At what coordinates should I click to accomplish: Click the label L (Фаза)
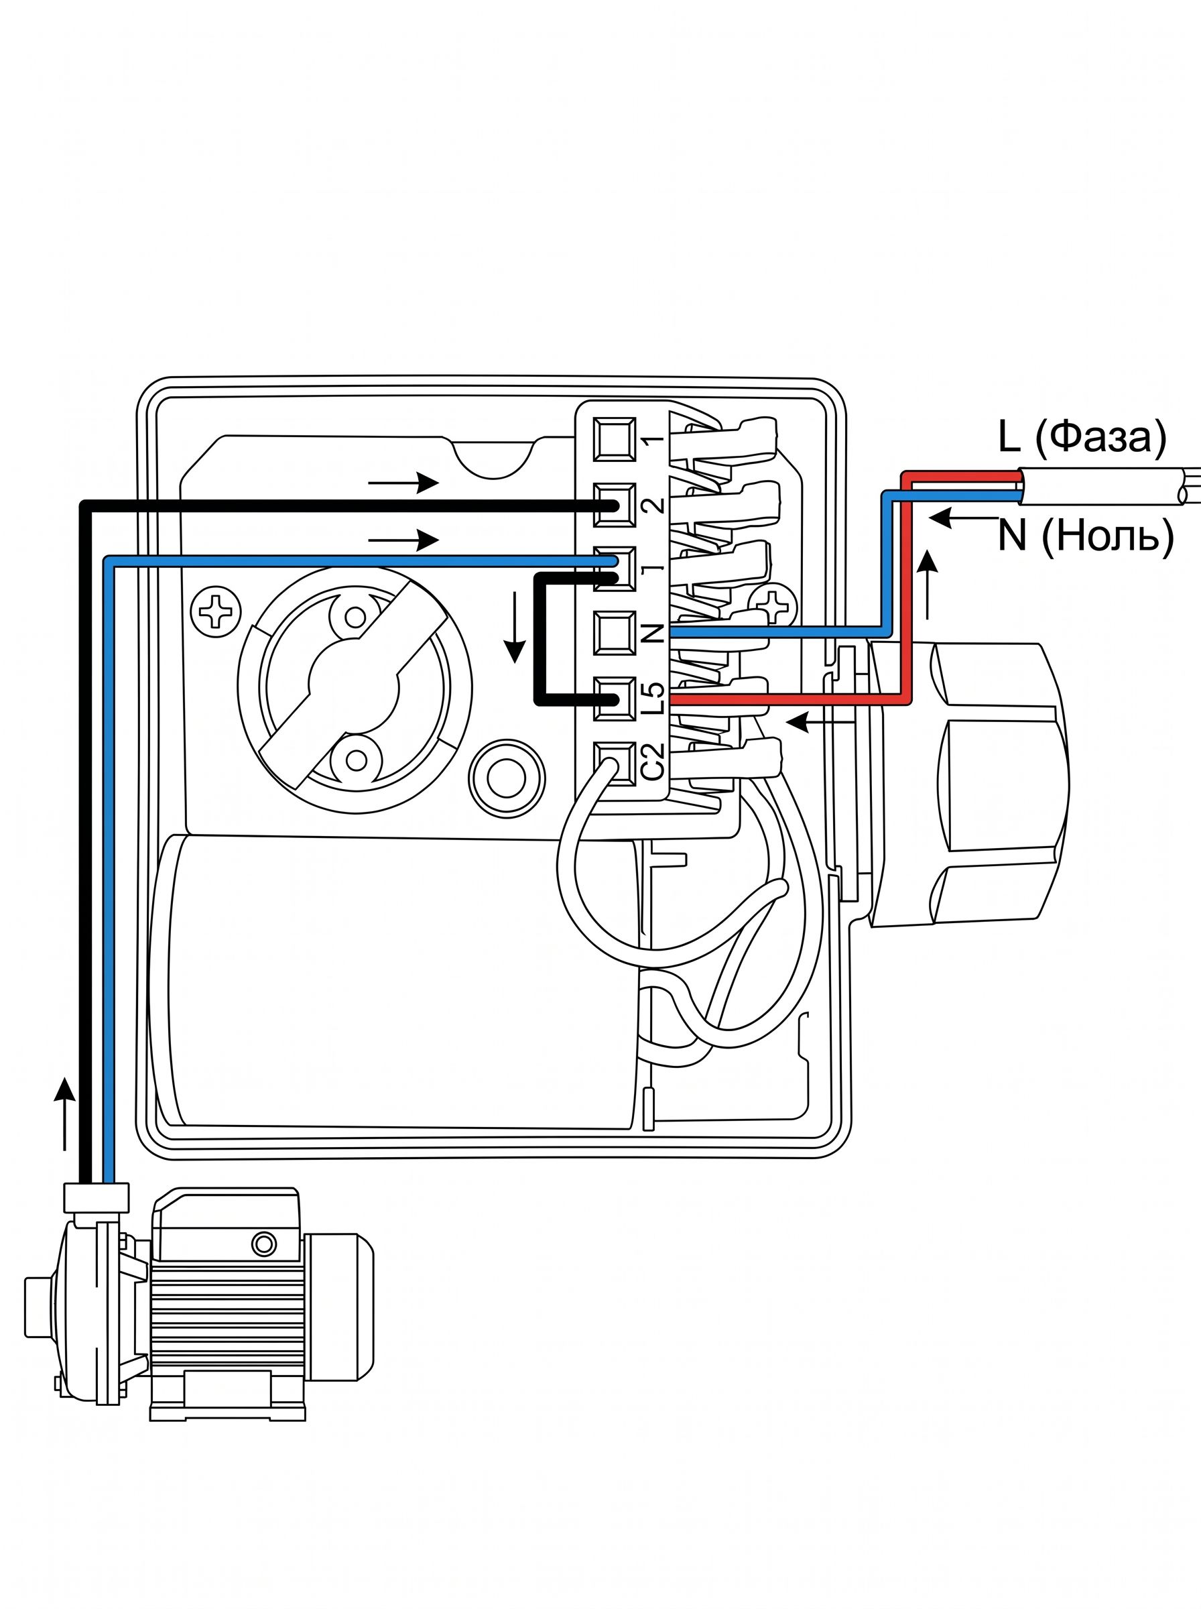click(1082, 438)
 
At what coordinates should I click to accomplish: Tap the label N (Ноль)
click(1086, 536)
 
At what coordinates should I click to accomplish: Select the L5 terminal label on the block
click(654, 697)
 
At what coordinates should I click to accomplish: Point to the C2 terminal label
click(654, 761)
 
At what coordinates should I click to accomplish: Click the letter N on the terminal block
click(654, 633)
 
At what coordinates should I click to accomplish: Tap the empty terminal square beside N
click(615, 634)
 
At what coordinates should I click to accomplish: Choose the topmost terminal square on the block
click(615, 439)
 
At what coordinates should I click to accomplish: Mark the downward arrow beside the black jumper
click(515, 628)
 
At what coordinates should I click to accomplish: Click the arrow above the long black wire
click(403, 483)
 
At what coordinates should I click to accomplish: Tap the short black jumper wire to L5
click(539, 640)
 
